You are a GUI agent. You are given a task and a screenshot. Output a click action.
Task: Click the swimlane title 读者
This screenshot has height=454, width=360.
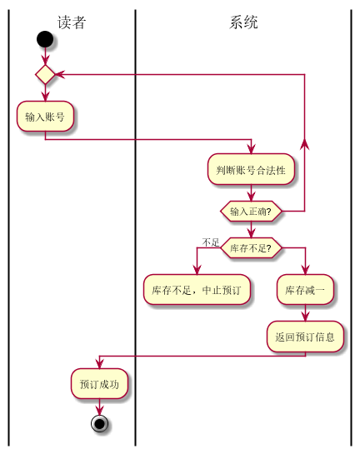coord(72,22)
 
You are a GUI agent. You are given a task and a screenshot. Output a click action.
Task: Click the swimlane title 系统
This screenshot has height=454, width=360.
coord(243,22)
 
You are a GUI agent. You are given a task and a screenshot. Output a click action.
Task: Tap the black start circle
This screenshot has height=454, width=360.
coord(45,38)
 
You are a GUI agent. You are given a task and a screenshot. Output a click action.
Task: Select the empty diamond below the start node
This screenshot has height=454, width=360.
coord(45,75)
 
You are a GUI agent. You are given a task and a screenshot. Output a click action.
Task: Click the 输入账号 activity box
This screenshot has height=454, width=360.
coord(45,117)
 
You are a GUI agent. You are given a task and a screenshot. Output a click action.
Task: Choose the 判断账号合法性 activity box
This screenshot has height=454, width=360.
coord(251,170)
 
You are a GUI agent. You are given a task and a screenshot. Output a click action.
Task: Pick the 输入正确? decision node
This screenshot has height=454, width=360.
coord(251,212)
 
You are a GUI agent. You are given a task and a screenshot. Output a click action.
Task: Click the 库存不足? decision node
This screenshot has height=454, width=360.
coord(251,247)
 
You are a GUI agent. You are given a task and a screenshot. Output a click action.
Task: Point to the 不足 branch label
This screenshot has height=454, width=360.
coord(210,242)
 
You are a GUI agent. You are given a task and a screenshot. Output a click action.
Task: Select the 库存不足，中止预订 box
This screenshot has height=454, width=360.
coord(197,291)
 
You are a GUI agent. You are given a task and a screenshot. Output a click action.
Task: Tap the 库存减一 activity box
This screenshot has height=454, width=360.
coord(305,291)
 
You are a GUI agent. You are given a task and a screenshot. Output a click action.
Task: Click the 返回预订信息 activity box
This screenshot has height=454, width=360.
coord(305,337)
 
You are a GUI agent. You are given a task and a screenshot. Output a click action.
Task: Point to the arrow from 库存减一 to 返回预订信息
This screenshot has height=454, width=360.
coord(305,313)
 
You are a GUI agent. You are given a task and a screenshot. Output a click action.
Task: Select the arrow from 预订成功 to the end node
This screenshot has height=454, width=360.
coord(99,407)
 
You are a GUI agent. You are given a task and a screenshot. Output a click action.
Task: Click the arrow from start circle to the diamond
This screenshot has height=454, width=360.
coord(45,57)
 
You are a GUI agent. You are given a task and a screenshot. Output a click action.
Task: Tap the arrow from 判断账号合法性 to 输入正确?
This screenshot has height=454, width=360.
coord(251,193)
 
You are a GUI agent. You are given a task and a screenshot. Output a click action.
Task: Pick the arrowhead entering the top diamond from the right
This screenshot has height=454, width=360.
coord(61,75)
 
